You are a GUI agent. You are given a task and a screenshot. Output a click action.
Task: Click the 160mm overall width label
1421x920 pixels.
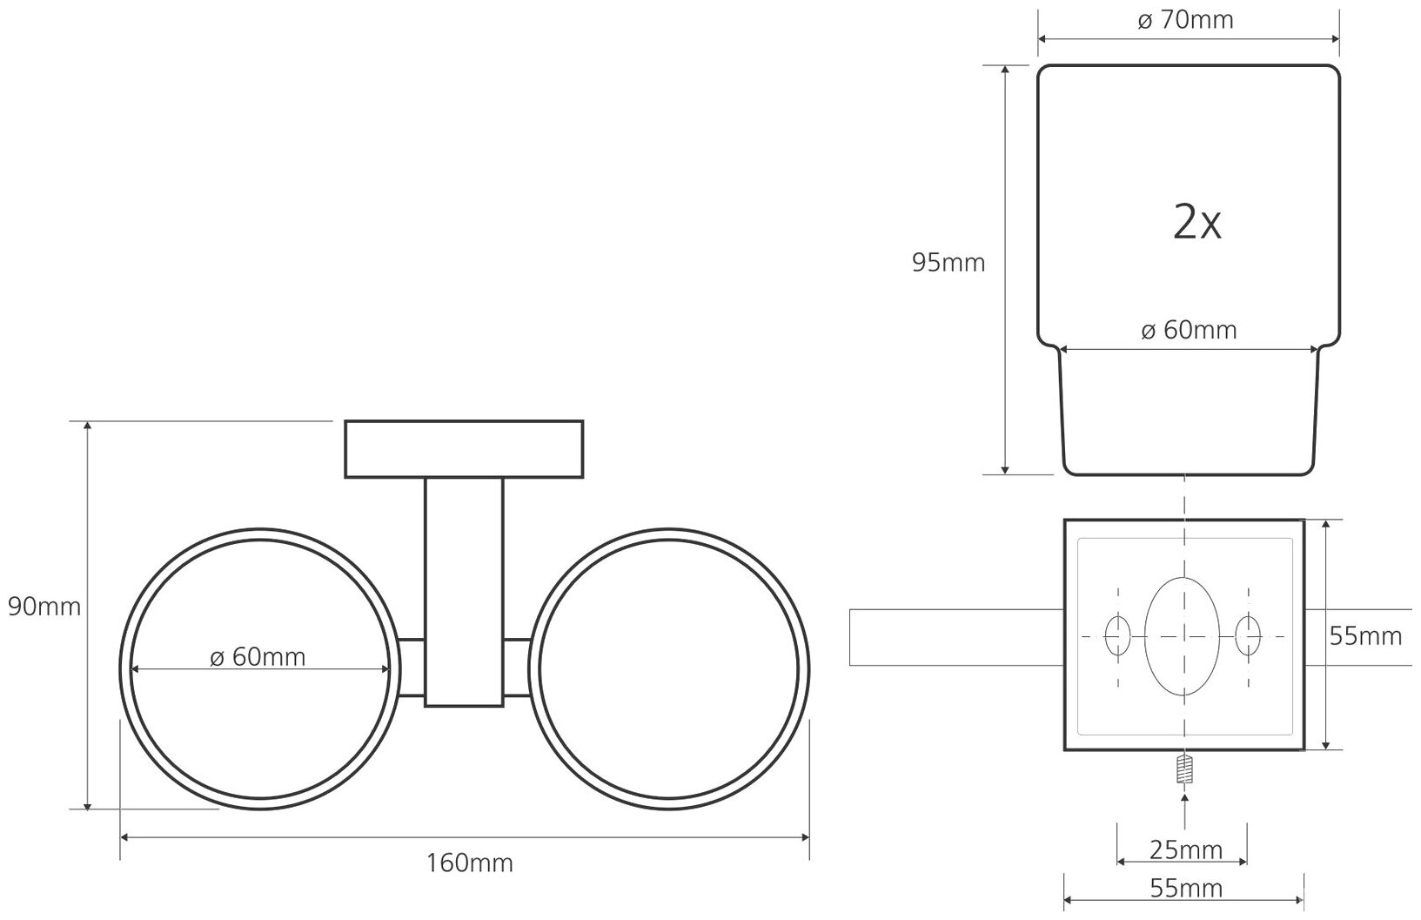point(469,863)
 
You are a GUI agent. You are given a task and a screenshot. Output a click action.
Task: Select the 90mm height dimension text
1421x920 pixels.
point(44,607)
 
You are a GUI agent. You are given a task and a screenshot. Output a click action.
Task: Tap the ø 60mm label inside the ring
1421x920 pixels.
point(258,656)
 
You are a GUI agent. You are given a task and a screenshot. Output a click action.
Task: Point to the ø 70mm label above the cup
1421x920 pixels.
point(1186,20)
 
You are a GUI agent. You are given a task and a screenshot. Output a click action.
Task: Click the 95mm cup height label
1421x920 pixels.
point(948,262)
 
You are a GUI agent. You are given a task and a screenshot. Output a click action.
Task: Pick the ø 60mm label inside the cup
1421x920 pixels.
point(1189,331)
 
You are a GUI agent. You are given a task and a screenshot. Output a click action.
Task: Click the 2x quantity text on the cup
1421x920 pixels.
point(1197,224)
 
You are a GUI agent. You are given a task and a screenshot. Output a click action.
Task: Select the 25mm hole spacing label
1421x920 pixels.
point(1186,849)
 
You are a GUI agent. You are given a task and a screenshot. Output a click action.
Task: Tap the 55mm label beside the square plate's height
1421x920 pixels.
point(1365,637)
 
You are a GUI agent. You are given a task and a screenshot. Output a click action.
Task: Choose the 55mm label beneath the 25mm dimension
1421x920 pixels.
point(1186,889)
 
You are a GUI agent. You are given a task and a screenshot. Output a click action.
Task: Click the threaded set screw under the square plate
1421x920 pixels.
point(1183,769)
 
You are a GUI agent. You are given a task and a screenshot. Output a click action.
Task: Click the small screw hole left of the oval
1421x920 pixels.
point(1117,635)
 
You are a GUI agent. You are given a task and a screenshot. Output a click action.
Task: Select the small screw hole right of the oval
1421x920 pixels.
point(1249,635)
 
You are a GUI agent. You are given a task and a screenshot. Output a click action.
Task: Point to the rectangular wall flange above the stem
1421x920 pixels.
point(464,449)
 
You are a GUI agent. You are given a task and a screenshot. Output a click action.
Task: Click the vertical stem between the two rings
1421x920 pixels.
point(464,592)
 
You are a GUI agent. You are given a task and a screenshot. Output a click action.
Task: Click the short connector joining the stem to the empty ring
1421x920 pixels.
point(517,668)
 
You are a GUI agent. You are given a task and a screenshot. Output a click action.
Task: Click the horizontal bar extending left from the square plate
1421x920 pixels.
point(955,637)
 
